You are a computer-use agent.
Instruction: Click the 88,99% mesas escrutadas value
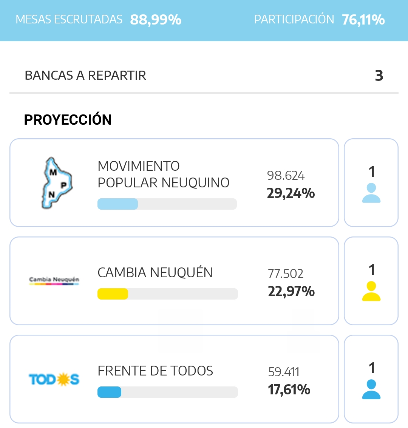click(x=156, y=20)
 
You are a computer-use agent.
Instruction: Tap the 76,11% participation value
click(x=363, y=20)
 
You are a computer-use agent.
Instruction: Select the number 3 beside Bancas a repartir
click(x=379, y=76)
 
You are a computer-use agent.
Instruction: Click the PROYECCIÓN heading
click(x=68, y=119)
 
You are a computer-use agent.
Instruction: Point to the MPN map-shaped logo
click(x=57, y=183)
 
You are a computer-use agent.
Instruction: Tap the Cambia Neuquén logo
click(x=54, y=281)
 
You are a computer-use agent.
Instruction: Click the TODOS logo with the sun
click(x=54, y=379)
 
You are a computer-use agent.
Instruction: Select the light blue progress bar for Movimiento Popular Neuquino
click(x=117, y=204)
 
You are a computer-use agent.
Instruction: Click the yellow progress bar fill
click(x=113, y=294)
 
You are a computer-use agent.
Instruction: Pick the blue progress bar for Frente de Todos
click(x=110, y=392)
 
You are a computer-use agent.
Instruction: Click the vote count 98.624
click(x=286, y=176)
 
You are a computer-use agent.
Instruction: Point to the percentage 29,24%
click(x=291, y=193)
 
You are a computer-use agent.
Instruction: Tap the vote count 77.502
click(x=286, y=274)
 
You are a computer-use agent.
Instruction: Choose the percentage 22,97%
click(x=291, y=291)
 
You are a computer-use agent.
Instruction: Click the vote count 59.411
click(x=284, y=372)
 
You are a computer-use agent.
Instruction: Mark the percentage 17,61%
click(x=289, y=389)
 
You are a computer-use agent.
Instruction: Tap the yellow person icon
click(x=371, y=291)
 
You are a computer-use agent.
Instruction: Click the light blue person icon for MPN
click(x=371, y=193)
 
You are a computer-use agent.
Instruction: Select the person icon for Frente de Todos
click(x=371, y=389)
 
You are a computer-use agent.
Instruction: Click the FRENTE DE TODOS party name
click(x=155, y=371)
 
